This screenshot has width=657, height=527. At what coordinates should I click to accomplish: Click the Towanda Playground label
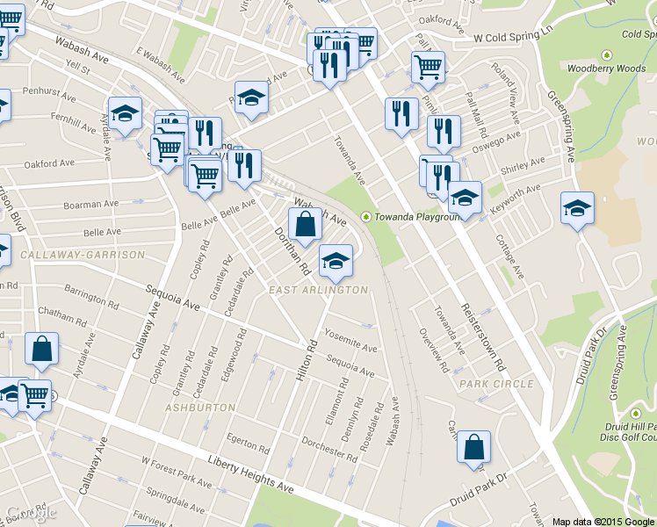(417, 217)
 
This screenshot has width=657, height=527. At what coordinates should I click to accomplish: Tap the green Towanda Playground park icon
(365, 217)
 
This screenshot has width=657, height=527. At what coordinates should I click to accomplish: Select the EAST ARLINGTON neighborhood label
(318, 290)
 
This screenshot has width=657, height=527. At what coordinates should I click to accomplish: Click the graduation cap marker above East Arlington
(335, 260)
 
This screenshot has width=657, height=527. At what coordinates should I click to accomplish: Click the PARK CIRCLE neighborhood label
(495, 384)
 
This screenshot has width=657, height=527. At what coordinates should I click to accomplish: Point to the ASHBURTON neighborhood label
(202, 408)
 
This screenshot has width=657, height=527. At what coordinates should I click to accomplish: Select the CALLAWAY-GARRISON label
(83, 255)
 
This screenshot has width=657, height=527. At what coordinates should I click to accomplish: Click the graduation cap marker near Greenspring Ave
(577, 209)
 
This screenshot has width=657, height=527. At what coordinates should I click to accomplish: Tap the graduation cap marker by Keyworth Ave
(465, 198)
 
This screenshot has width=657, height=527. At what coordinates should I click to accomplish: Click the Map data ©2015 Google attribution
(603, 521)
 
